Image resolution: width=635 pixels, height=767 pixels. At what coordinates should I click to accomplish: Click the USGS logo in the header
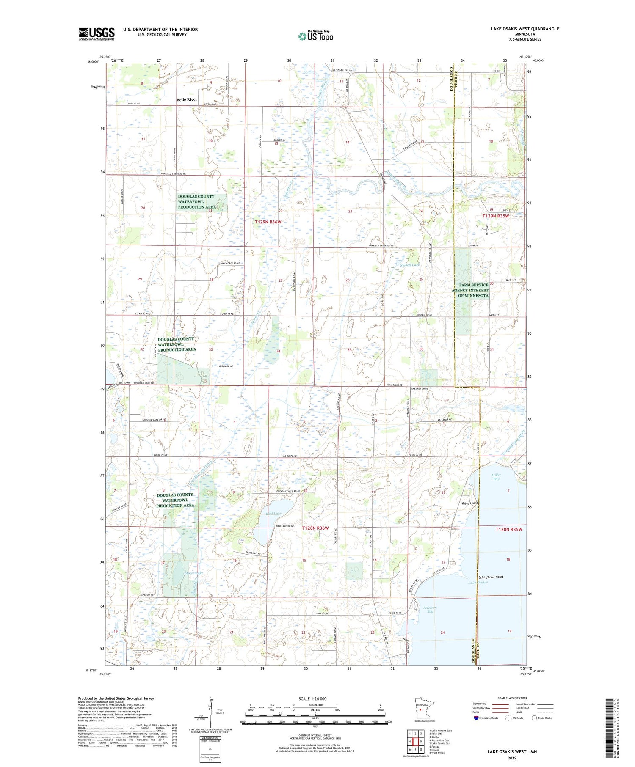click(97, 34)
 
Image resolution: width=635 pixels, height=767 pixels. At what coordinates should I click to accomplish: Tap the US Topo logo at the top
click(315, 36)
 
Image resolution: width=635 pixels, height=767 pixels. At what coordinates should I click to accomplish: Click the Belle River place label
click(187, 99)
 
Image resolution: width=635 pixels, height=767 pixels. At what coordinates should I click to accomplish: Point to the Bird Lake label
click(273, 513)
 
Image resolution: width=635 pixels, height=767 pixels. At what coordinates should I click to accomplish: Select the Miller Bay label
click(496, 477)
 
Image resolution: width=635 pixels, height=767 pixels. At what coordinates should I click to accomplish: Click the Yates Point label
click(469, 503)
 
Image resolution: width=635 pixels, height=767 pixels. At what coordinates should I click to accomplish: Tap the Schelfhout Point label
click(491, 577)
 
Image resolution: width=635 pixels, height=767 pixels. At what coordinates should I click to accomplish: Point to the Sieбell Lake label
click(410, 265)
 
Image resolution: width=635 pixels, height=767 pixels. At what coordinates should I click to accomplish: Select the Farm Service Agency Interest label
click(473, 290)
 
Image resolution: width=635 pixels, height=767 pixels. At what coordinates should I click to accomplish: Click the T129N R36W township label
click(268, 222)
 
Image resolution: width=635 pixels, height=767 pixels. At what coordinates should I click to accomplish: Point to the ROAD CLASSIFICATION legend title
click(512, 698)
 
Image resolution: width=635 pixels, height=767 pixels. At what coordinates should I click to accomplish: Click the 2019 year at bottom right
click(512, 758)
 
